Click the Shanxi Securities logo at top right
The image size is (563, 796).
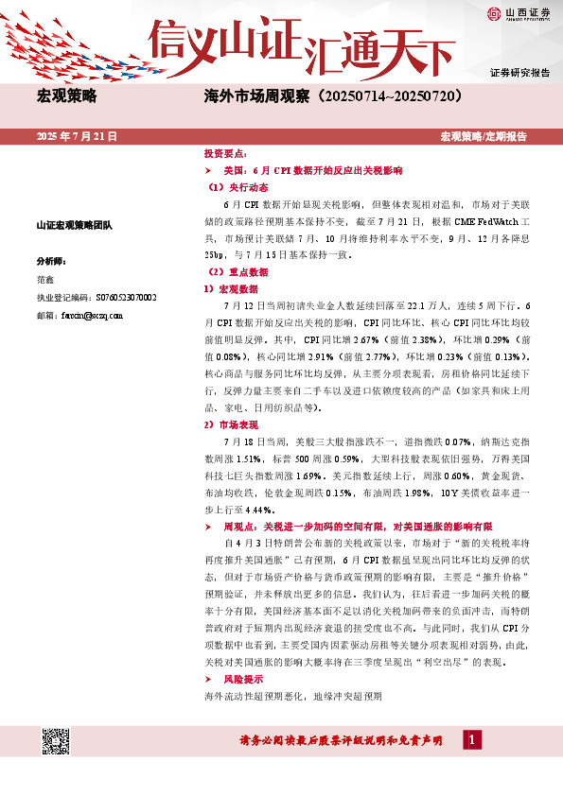519,13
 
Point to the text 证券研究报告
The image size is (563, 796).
519,73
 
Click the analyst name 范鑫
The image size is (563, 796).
44,280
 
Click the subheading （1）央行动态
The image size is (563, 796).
232,187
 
